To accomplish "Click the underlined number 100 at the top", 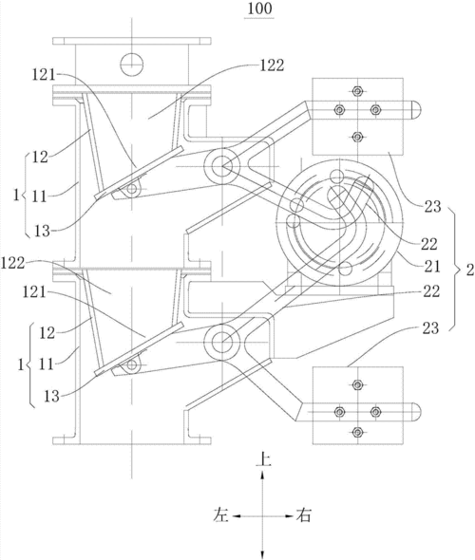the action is pyautogui.click(x=259, y=9).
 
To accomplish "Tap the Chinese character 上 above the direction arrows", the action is pyautogui.click(x=263, y=459).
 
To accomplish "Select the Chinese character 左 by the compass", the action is pyautogui.click(x=220, y=515).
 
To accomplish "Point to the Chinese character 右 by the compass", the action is pyautogui.click(x=303, y=515).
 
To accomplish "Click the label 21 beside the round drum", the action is pyautogui.click(x=431, y=266).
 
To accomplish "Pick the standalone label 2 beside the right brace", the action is pyautogui.click(x=469, y=271).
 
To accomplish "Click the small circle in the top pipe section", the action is pyautogui.click(x=132, y=65).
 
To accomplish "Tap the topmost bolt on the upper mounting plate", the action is pyautogui.click(x=357, y=91).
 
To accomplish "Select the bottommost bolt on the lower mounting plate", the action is pyautogui.click(x=357, y=433).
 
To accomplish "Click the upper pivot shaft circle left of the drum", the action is pyautogui.click(x=222, y=166).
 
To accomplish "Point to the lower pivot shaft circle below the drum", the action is pyautogui.click(x=222, y=343).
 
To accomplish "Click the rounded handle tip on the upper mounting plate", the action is pyautogui.click(x=416, y=110).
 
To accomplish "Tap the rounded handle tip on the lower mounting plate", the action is pyautogui.click(x=417, y=412).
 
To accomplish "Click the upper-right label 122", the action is pyautogui.click(x=273, y=65).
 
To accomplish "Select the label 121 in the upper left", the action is pyautogui.click(x=44, y=75).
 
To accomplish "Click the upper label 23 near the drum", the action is pyautogui.click(x=432, y=206).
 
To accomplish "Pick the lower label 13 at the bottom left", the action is pyautogui.click(x=51, y=396).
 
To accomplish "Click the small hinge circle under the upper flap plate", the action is pyautogui.click(x=132, y=189).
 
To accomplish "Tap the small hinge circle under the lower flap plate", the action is pyautogui.click(x=132, y=365).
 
